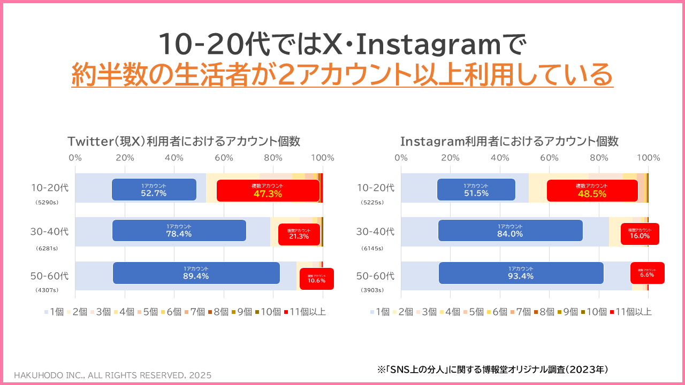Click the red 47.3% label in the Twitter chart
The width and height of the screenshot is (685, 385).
[268, 190]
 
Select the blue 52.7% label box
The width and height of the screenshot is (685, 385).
[154, 190]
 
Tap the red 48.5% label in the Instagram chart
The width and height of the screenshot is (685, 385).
[592, 190]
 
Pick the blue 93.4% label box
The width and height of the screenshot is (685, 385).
[521, 273]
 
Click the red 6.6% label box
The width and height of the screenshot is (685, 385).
[647, 273]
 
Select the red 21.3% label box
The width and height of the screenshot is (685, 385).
[299, 234]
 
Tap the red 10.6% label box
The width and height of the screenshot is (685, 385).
[316, 279]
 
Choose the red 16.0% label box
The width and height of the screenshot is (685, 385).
[640, 234]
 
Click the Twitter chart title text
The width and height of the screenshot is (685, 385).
[184, 141]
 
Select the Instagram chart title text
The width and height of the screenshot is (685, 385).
[509, 141]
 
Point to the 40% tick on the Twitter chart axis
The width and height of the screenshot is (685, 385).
[174, 158]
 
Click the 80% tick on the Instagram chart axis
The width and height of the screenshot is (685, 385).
[599, 158]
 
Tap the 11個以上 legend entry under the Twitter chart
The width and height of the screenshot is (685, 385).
[305, 312]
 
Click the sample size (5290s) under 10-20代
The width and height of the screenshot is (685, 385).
[47, 203]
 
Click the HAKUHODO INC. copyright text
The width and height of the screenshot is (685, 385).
[112, 375]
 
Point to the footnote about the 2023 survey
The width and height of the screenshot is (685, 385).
[493, 369]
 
